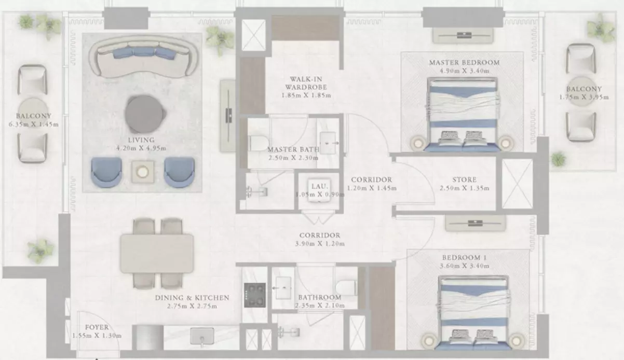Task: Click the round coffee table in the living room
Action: click(144, 114)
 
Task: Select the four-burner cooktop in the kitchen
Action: click(255, 295)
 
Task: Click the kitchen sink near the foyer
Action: click(202, 336)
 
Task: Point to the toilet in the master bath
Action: click(258, 143)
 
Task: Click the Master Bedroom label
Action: click(465, 63)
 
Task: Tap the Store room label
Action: click(465, 179)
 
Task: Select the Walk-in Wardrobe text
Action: click(306, 83)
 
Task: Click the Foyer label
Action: click(97, 327)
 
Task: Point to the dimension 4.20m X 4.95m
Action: click(141, 148)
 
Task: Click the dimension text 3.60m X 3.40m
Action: click(465, 266)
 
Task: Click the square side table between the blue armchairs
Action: click(143, 172)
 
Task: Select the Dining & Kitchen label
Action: click(192, 298)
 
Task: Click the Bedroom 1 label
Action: click(465, 257)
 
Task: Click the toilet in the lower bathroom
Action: click(346, 288)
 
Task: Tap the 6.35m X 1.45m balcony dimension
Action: click(34, 124)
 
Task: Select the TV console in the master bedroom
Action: click(463, 35)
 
